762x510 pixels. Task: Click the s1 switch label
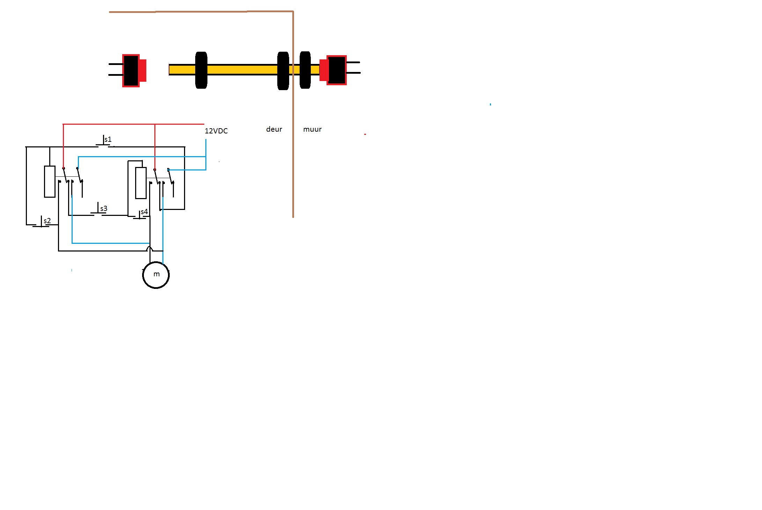(x=108, y=139)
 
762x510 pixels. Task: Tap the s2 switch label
(x=47, y=221)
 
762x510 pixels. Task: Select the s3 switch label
(x=104, y=209)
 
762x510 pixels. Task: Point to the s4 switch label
(x=144, y=212)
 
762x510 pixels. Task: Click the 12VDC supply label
(x=216, y=131)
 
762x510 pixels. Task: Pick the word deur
(x=274, y=129)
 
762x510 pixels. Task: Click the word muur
(x=312, y=129)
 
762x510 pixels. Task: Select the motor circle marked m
(x=156, y=275)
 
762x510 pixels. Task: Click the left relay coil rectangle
(x=50, y=182)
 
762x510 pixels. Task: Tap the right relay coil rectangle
(x=141, y=183)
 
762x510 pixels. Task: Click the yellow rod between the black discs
(x=242, y=70)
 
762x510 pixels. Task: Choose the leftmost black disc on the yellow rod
(x=201, y=70)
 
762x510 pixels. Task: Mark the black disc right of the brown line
(x=305, y=70)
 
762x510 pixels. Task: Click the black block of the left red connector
(x=131, y=71)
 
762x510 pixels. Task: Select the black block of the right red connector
(x=337, y=70)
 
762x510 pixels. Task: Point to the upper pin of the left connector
(x=116, y=64)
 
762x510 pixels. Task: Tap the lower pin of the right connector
(x=353, y=73)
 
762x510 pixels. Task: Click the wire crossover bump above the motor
(x=150, y=249)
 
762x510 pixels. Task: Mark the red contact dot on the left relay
(x=64, y=168)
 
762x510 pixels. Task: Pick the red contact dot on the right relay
(x=155, y=170)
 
